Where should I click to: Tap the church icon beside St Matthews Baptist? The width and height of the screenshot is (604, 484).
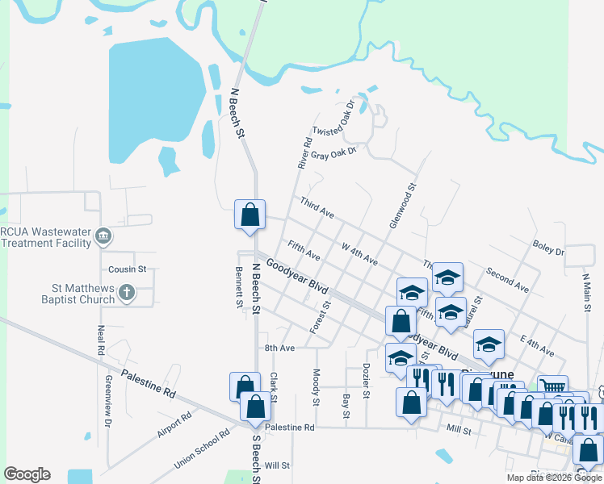[127, 294]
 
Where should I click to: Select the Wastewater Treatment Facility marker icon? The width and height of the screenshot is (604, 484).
[103, 236]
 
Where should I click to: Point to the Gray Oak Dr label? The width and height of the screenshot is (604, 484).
[333, 152]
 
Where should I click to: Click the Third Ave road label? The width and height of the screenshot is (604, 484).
[317, 207]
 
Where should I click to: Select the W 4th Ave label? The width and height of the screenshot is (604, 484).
[359, 255]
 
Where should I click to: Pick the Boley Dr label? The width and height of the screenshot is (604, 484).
[548, 247]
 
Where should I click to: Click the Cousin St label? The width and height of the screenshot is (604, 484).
[128, 269]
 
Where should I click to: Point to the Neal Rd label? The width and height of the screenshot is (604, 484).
[102, 340]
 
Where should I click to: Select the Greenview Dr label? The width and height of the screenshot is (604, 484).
[107, 399]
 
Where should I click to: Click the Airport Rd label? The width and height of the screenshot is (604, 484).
[174, 423]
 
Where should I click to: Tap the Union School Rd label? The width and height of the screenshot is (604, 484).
[201, 449]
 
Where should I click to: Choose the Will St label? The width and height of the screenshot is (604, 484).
[277, 465]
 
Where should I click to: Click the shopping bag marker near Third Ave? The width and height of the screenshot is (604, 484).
[250, 215]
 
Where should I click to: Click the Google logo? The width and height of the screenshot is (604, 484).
[27, 474]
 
